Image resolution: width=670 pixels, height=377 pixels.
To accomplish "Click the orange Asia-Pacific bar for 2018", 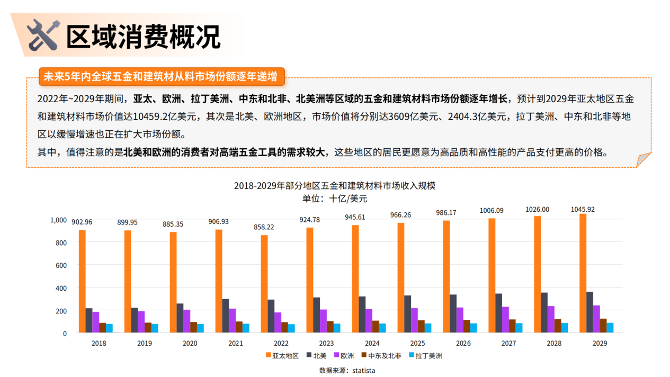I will point(82,281).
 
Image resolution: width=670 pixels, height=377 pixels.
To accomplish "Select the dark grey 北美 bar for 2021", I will point(226,316).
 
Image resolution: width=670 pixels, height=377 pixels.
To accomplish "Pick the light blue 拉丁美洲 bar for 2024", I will point(382,328).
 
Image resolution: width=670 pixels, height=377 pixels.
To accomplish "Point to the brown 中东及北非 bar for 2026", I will point(467,326).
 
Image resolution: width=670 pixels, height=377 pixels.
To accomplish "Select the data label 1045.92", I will point(583,209).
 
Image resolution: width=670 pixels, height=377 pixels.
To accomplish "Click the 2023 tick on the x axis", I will point(327,343).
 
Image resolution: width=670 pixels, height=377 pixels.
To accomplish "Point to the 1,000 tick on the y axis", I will point(58,220).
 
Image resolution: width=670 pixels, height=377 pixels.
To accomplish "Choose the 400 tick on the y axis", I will point(61,288).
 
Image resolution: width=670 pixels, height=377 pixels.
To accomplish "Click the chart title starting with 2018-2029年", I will point(334,186).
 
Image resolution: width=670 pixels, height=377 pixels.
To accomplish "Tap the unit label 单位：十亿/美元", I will point(334,199).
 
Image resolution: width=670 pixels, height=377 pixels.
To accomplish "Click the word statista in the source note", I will point(363,371).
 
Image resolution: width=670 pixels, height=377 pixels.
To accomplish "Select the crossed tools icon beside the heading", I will point(42,35).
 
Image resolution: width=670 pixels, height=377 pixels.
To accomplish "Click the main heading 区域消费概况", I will point(143,36).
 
